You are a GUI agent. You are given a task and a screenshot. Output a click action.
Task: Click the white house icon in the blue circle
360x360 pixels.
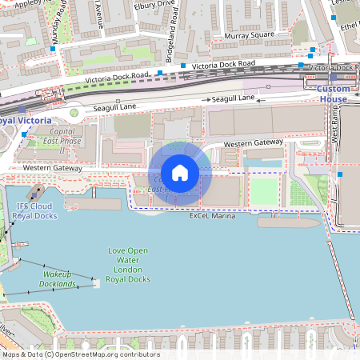point(180,173)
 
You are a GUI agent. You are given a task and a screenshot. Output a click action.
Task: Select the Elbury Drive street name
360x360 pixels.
point(155,4)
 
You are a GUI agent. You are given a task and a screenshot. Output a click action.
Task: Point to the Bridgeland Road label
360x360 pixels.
point(170,42)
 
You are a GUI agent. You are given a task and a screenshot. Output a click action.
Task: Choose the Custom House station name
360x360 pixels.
point(333,94)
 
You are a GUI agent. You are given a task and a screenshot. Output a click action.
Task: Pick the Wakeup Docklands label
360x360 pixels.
point(58,279)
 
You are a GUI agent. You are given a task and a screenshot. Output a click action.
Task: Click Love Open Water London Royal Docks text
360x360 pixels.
point(129,265)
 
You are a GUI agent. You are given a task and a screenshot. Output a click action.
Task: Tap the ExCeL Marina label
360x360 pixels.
point(212,217)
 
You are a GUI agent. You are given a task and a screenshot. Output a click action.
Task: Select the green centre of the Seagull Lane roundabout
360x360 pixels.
point(74,112)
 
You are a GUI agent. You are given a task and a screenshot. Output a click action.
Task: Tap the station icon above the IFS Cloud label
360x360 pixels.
point(35,193)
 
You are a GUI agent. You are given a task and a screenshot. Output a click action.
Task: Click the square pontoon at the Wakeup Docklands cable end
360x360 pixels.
point(95,282)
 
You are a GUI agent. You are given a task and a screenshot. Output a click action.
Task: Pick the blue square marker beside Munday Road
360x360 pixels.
point(54,50)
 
